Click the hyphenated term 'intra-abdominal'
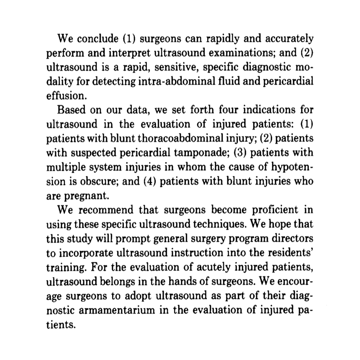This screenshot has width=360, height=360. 164,82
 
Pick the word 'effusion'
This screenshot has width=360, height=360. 65,96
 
